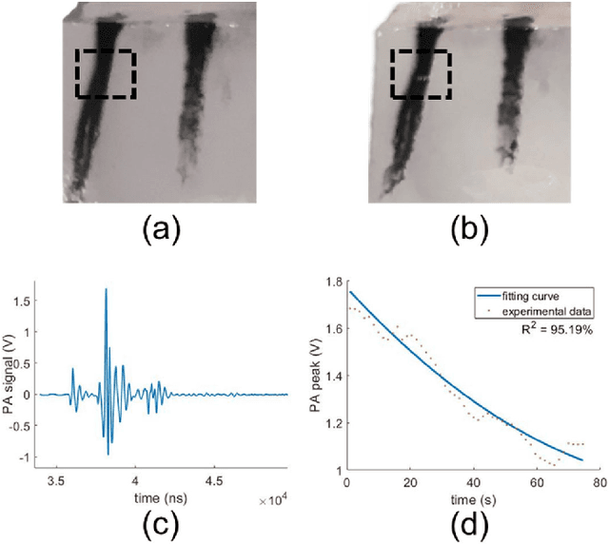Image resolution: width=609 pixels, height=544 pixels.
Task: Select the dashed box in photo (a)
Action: tap(106, 73)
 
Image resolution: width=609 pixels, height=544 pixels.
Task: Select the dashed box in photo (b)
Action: tap(420, 73)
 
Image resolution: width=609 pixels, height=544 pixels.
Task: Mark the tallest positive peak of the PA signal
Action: tap(106, 289)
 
